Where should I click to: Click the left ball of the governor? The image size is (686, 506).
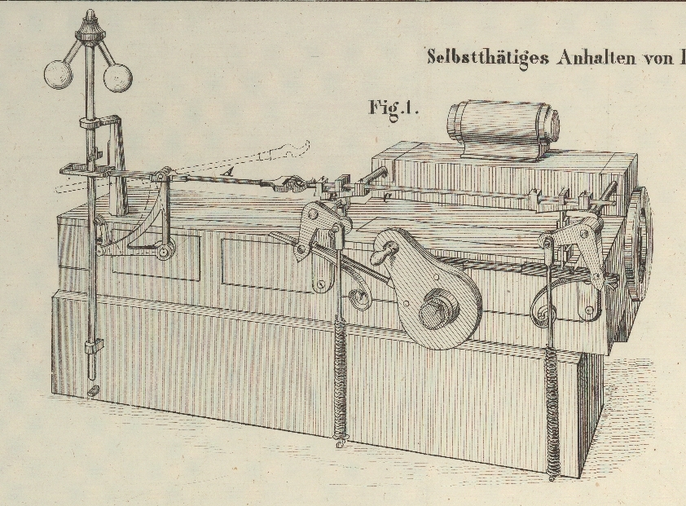coord(58,74)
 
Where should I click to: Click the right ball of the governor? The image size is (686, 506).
coord(117,77)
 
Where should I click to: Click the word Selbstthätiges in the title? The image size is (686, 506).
coord(486,57)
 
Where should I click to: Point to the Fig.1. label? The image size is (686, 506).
coord(394,108)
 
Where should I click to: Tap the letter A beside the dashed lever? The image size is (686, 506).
coord(231,170)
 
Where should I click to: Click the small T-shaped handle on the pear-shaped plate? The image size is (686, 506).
coord(380,254)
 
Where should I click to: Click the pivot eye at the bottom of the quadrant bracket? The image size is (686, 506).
coord(164,253)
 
